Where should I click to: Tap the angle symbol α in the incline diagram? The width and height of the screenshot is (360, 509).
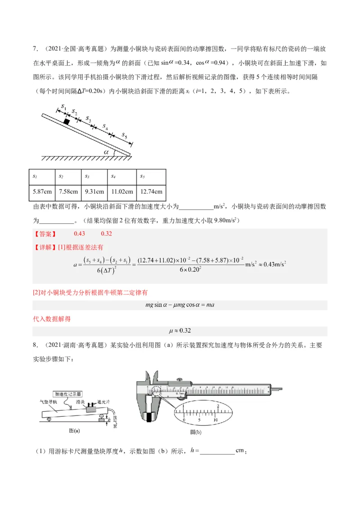tap(107, 152)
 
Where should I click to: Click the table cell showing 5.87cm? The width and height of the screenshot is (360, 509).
tap(43, 192)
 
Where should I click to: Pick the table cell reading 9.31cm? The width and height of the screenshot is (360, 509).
tap(95, 192)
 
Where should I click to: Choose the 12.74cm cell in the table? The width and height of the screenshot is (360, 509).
tap(151, 192)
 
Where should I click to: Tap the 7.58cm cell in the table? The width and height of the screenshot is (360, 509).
tap(68, 192)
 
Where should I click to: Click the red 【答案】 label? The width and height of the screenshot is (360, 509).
tap(45, 234)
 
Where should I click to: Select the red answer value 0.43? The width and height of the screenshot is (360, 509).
tap(79, 234)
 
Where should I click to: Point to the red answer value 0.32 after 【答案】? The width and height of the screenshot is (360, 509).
tap(107, 234)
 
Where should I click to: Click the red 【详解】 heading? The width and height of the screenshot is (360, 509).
tap(45, 247)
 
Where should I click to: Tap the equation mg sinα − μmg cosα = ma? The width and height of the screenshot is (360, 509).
tap(180, 305)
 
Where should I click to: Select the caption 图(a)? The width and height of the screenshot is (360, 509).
tap(74, 430)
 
